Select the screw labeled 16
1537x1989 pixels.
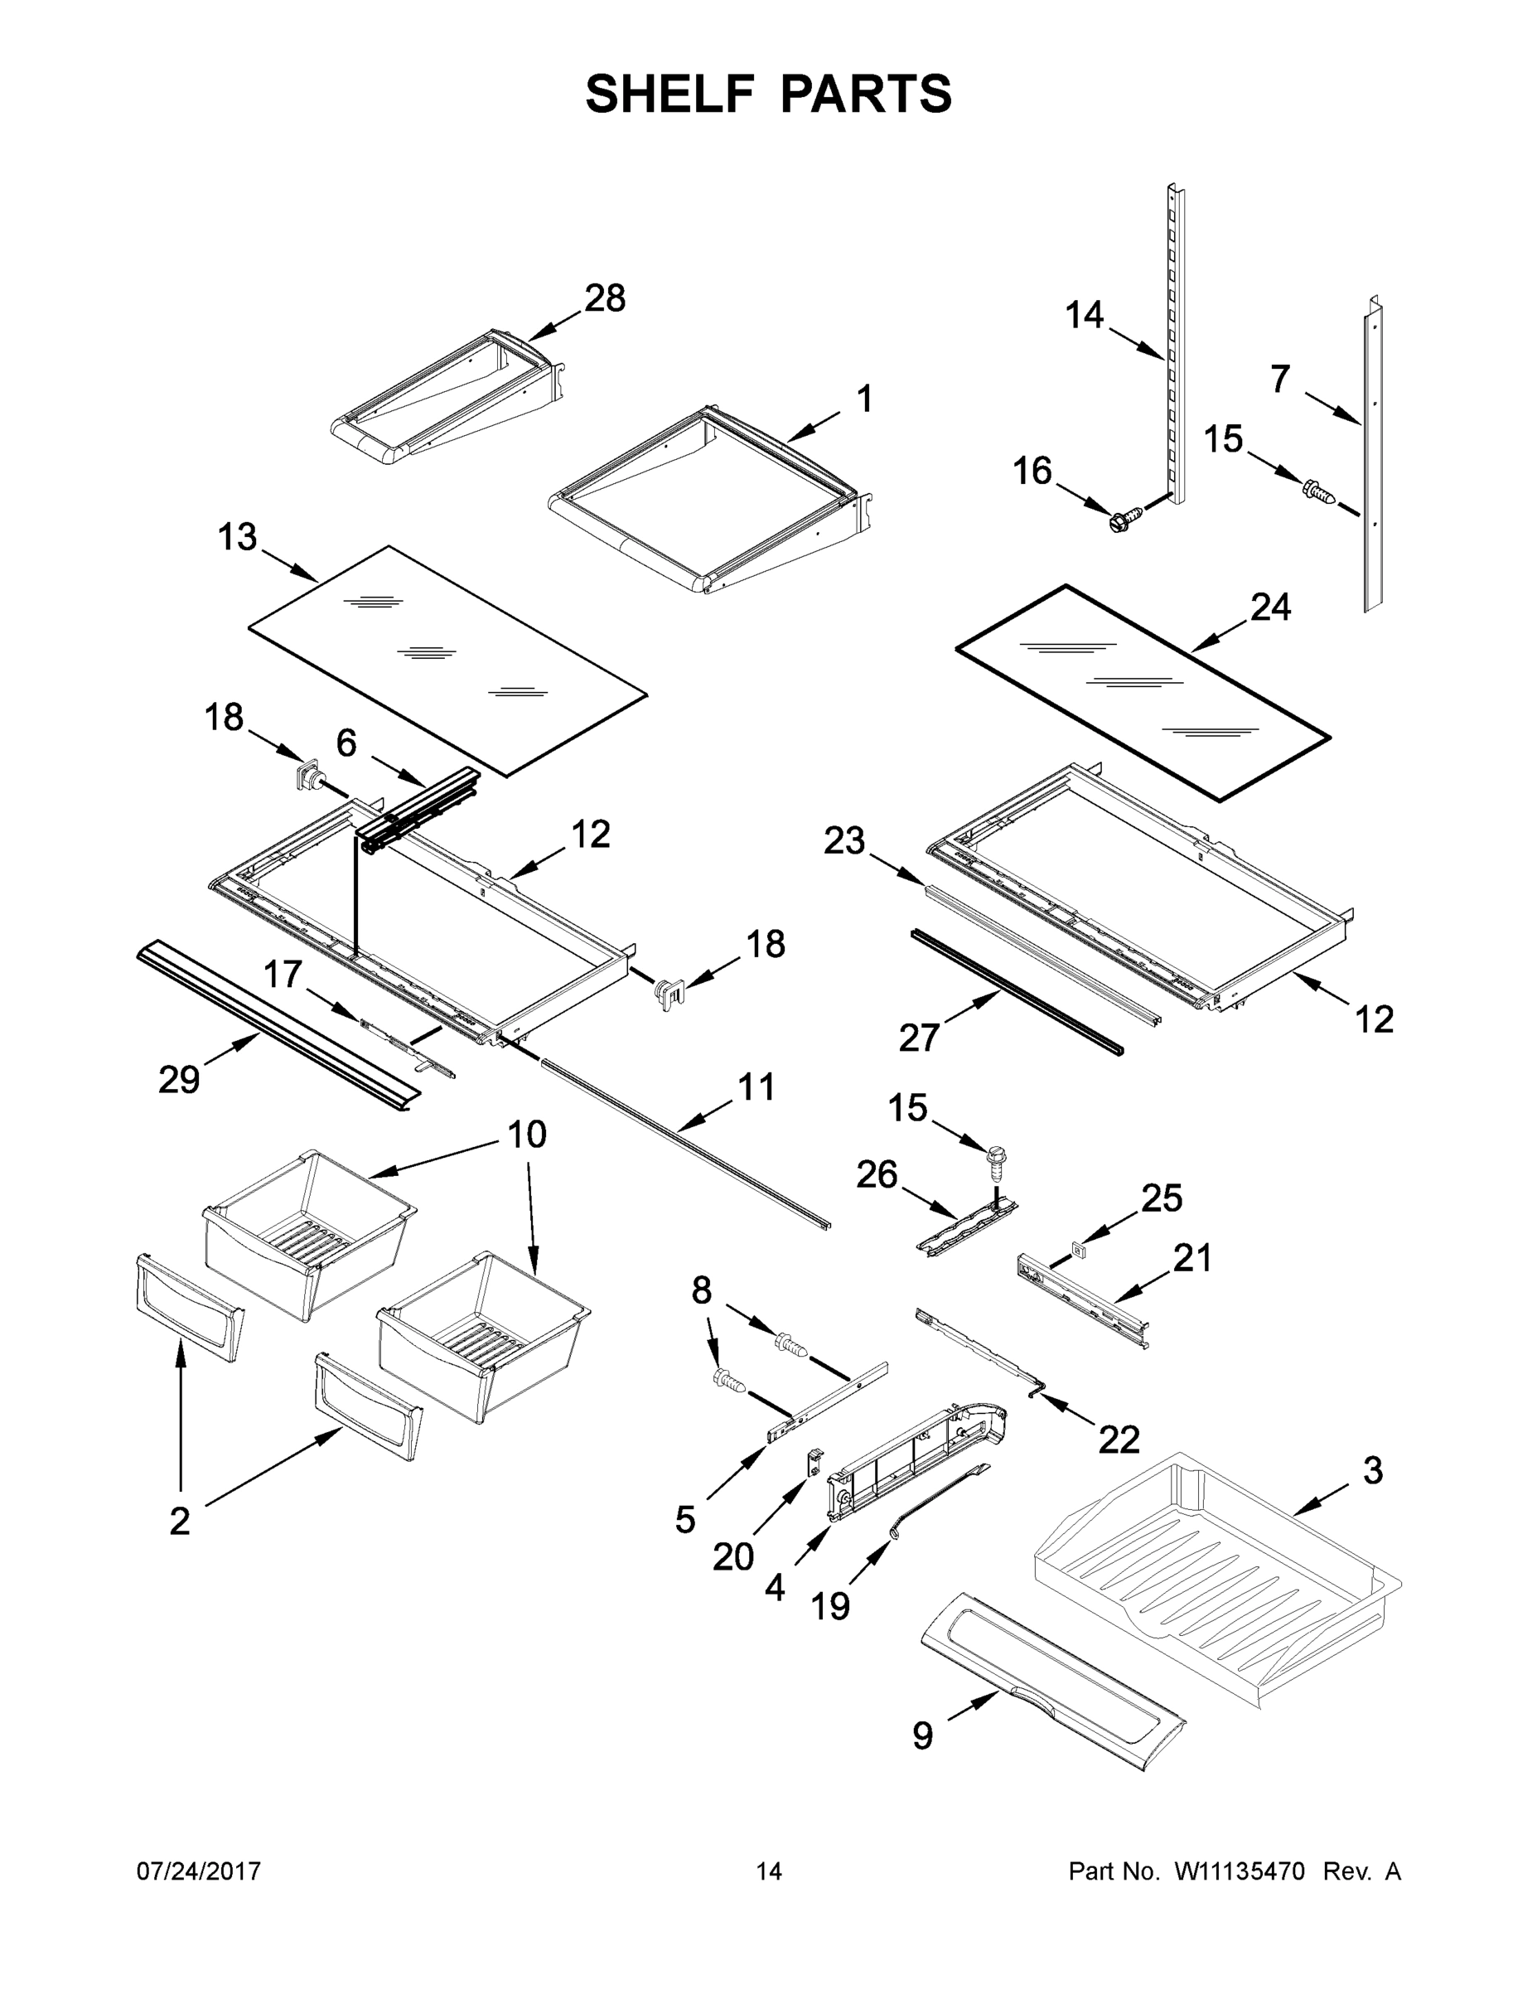[x=1118, y=521]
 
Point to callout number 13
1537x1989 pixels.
[x=237, y=537]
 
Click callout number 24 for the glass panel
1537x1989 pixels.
[x=1270, y=607]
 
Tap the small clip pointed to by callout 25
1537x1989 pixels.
[x=1078, y=1251]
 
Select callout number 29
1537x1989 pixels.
[x=178, y=1080]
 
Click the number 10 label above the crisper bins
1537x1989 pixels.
[x=526, y=1135]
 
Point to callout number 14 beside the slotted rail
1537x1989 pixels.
[x=1084, y=315]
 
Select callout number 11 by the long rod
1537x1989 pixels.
[x=756, y=1086]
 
